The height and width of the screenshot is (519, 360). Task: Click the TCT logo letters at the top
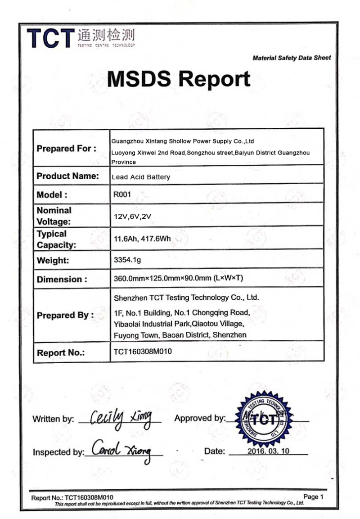(x=50, y=38)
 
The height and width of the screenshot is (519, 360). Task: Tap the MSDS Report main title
(x=179, y=79)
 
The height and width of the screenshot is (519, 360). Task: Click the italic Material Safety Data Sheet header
(x=292, y=58)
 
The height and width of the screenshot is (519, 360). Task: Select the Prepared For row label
(x=67, y=149)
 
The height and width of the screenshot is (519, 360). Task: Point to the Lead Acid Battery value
(x=141, y=177)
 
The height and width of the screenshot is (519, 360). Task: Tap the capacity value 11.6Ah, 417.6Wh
(x=142, y=239)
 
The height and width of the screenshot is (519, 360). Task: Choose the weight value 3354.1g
(x=127, y=260)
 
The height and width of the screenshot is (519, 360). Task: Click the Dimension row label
(x=62, y=279)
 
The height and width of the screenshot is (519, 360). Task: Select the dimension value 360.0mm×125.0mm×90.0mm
(x=179, y=278)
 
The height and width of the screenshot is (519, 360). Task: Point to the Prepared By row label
(x=65, y=316)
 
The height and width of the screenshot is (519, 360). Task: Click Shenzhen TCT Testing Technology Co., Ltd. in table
(x=186, y=298)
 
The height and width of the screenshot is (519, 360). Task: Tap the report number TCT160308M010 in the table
(x=143, y=352)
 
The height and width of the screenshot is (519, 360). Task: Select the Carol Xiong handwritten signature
(x=122, y=449)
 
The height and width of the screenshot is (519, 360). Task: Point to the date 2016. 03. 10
(x=268, y=451)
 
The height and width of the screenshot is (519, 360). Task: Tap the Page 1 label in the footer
(x=313, y=497)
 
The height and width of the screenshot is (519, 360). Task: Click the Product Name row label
(x=67, y=176)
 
